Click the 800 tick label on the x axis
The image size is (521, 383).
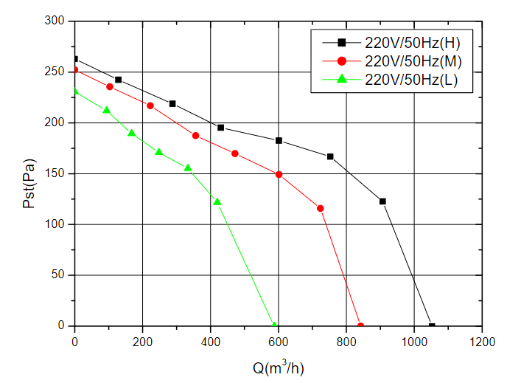(346, 342)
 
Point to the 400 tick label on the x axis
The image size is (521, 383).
(211, 342)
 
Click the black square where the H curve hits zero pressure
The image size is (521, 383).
(432, 325)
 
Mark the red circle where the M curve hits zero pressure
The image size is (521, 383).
(360, 325)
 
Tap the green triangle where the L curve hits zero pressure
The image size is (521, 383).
(274, 325)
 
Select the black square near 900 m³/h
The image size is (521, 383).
(382, 201)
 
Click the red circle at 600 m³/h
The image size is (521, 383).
(279, 175)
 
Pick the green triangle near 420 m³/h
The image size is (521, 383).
(217, 201)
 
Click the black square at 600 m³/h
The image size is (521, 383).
(279, 140)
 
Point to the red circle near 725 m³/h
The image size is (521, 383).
(321, 208)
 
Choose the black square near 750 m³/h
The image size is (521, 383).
(330, 156)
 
